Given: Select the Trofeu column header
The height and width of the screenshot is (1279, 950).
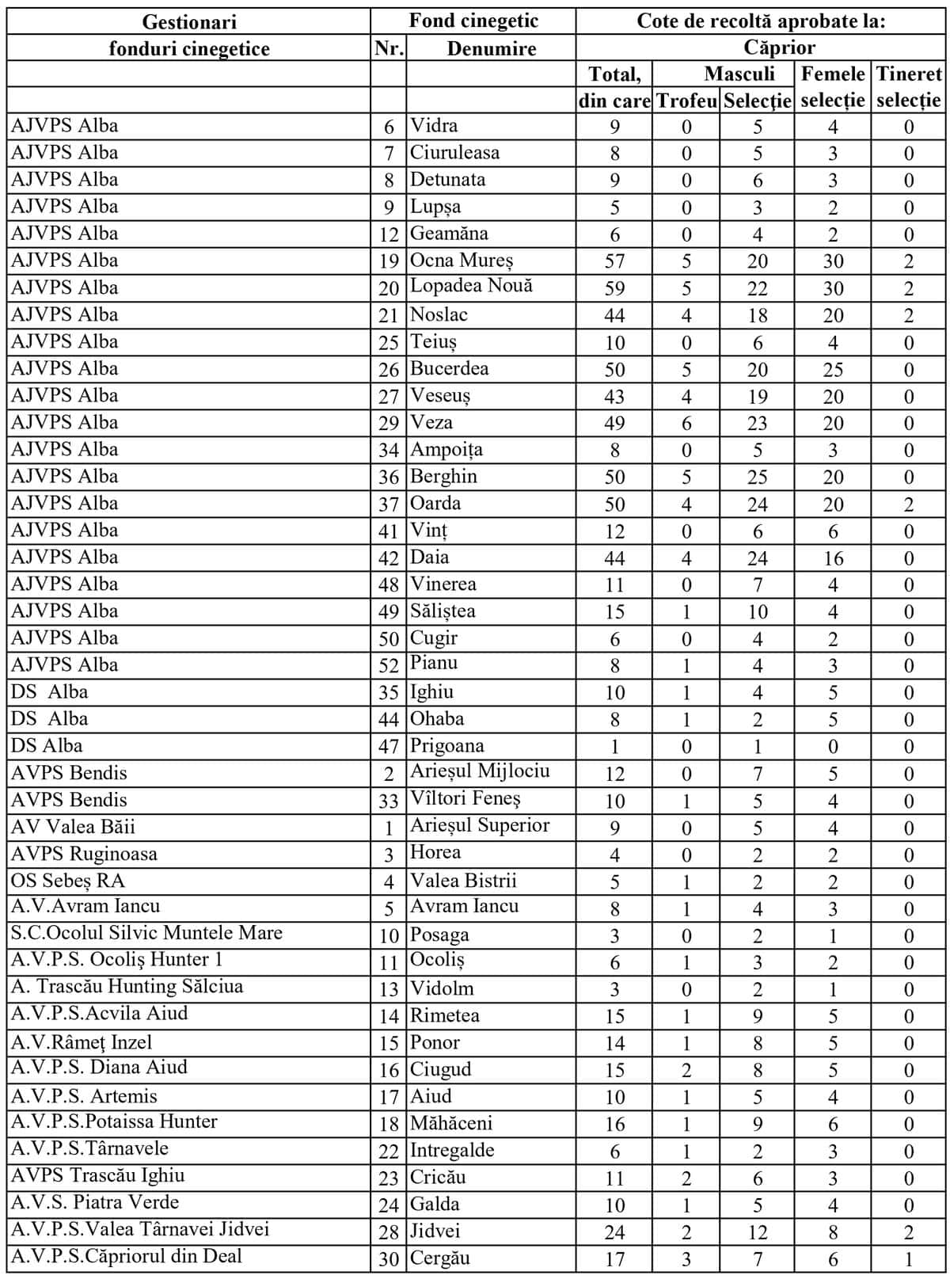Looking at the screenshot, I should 686,101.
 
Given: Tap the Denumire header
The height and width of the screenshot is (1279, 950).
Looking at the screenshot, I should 491,48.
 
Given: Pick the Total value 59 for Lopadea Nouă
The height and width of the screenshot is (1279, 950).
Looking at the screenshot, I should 614,288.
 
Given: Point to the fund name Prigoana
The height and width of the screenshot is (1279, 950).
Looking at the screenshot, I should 446,746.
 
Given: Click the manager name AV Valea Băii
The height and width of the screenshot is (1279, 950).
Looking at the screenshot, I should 73,827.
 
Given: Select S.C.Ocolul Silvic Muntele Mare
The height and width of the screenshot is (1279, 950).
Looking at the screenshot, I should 146,933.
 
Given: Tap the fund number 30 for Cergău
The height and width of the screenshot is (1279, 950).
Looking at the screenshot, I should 389,1258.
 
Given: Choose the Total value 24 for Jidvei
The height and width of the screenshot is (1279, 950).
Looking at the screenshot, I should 614,1232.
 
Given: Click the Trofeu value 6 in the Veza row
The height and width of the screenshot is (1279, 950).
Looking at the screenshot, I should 686,423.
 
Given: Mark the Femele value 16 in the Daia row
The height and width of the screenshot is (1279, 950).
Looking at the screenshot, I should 833,558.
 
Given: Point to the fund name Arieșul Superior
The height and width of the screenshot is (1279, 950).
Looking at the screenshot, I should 480,825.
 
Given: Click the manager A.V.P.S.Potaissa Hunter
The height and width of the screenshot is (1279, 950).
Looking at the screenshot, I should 114,1122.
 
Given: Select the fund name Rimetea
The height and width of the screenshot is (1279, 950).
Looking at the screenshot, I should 444,1015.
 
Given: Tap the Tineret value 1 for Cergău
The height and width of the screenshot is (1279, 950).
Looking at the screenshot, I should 909,1259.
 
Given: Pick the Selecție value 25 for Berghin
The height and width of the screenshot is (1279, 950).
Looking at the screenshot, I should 757,477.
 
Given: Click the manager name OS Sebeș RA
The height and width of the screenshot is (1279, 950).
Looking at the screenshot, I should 67,881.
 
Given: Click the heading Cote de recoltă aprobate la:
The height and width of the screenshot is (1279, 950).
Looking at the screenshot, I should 761,21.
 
